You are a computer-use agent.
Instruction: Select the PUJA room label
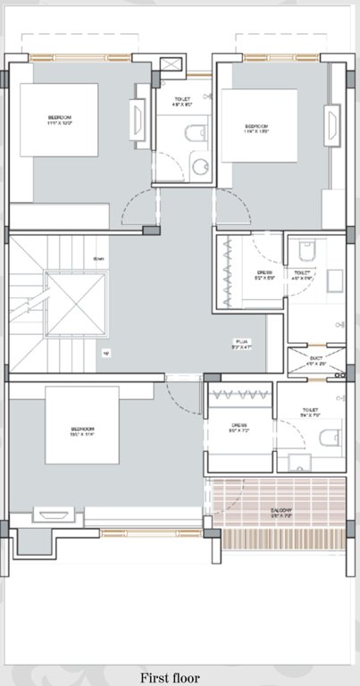242,342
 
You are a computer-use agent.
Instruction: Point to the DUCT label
316,360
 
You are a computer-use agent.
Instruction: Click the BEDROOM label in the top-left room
61,120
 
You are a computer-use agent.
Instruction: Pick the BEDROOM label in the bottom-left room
82,431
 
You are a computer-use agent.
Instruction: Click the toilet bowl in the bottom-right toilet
329,438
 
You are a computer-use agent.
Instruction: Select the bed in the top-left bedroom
59,122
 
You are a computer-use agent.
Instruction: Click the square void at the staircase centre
75,304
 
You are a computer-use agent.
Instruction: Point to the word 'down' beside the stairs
98,260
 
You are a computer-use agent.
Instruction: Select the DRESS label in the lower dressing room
239,427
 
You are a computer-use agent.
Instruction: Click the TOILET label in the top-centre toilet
181,101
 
